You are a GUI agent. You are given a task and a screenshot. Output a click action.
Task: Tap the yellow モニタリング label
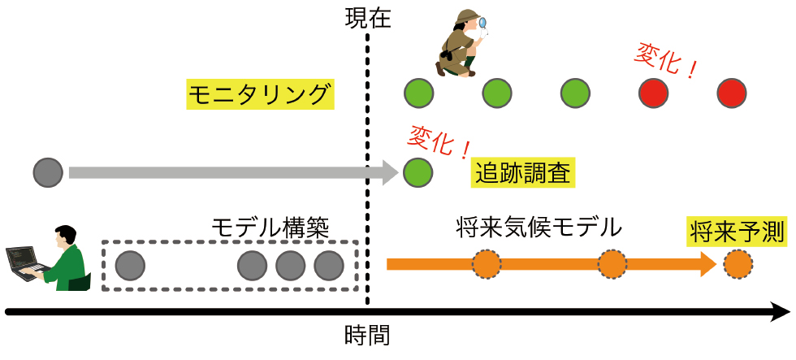tap(259, 95)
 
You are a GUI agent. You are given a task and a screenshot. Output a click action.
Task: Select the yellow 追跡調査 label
tap(524, 173)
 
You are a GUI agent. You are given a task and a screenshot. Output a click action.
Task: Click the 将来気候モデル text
tap(539, 227)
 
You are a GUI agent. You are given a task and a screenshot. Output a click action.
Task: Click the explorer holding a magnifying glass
tap(460, 46)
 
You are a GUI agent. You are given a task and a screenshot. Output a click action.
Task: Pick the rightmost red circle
tap(732, 93)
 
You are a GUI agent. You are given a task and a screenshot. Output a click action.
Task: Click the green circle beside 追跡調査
tap(417, 172)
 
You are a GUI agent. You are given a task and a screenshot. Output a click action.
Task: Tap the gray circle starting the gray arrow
tap(48, 172)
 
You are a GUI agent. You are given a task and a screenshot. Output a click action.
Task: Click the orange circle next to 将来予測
tap(738, 264)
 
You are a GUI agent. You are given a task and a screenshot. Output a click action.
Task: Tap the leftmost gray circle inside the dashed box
tap(130, 265)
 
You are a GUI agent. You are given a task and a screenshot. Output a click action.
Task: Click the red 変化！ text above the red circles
tap(665, 62)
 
